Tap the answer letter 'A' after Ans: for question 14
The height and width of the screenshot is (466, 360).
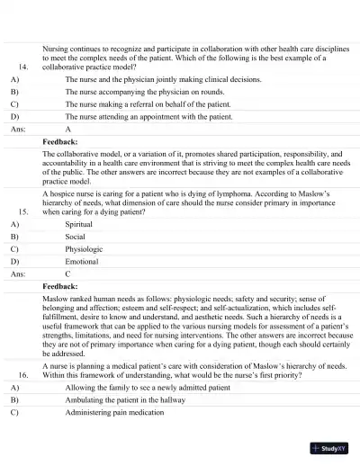(68, 129)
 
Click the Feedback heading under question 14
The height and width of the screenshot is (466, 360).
(60, 142)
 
